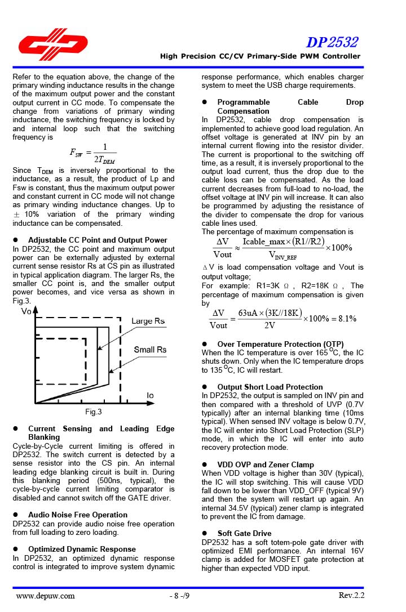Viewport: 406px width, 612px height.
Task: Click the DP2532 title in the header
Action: click(x=332, y=42)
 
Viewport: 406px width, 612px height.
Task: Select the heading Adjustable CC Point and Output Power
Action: click(x=98, y=240)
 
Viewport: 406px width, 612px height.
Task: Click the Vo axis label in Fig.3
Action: click(x=26, y=311)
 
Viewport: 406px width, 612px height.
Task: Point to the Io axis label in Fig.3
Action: click(x=150, y=395)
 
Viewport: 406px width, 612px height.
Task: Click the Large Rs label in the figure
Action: click(x=148, y=321)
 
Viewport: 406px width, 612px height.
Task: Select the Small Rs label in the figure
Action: click(x=150, y=350)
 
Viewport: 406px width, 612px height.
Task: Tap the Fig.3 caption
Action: click(x=94, y=412)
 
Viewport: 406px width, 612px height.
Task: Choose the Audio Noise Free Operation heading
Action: click(x=78, y=515)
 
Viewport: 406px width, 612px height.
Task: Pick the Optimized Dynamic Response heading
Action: click(x=82, y=549)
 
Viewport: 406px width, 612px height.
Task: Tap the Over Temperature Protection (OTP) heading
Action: click(x=280, y=344)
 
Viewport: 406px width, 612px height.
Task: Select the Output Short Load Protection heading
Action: click(x=270, y=387)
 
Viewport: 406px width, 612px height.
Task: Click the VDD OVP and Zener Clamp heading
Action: click(x=266, y=464)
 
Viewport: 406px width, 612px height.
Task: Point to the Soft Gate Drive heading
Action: click(x=244, y=533)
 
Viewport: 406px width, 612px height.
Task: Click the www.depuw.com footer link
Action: click(x=46, y=596)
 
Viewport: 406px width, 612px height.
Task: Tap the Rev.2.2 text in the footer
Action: click(x=351, y=596)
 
